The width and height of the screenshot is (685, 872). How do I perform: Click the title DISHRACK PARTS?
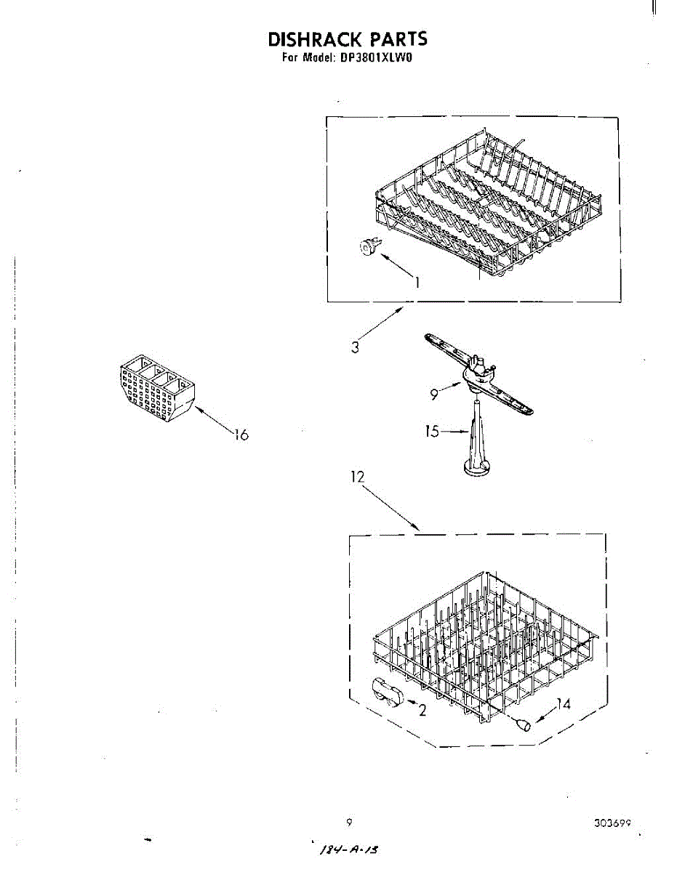coord(347,39)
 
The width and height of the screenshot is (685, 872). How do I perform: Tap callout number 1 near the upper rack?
coord(417,283)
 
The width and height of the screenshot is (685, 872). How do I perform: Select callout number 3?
coord(355,347)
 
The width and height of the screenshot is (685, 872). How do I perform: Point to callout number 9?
coord(434,395)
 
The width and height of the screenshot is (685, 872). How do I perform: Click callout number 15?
coord(432,431)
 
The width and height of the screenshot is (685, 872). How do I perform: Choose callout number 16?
coord(241,435)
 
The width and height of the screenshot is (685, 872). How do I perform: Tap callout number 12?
coord(358,477)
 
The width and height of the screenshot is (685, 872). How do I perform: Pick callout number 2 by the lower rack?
coord(421,710)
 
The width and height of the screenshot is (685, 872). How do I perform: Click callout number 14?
coord(564,704)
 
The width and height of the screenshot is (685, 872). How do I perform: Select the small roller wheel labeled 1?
coord(368,248)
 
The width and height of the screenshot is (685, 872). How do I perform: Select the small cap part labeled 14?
coord(523,723)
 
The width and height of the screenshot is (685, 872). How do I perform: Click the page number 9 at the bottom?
coord(350,823)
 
